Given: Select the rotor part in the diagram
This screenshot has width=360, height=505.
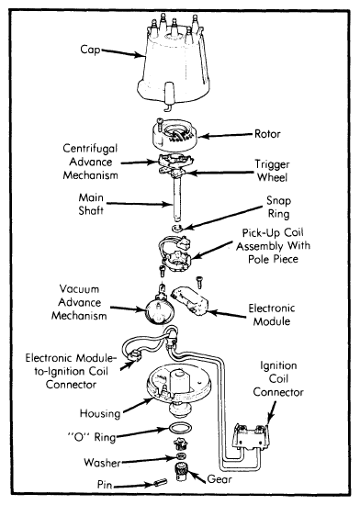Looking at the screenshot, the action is click(174, 135).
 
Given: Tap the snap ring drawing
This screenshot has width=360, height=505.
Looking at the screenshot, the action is click(177, 229).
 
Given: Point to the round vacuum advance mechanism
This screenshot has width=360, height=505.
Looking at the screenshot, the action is click(160, 310).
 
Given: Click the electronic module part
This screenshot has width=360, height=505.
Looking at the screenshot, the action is click(190, 300).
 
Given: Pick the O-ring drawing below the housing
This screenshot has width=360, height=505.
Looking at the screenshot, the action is click(180, 429).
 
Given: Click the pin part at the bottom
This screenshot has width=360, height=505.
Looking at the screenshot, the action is click(161, 482).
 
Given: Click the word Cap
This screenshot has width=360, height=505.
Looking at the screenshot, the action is click(90, 50).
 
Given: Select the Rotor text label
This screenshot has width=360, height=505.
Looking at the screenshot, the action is click(267, 134).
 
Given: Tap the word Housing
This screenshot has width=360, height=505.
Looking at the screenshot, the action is click(100, 413).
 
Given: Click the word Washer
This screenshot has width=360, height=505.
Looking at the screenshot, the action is click(102, 463).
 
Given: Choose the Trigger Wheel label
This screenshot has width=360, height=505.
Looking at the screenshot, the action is click(273, 171).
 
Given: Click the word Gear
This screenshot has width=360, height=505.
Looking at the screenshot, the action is click(219, 479).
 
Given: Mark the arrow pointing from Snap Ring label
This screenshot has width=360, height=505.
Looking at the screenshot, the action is click(223, 218).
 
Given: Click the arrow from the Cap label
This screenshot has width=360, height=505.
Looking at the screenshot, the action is click(123, 53).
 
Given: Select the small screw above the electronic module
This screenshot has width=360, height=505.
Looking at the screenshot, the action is click(199, 282).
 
